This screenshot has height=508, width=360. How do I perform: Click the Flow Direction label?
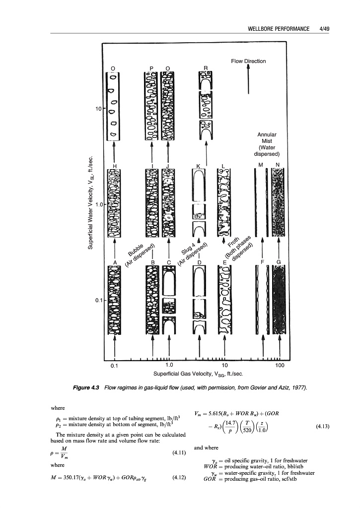[248, 61]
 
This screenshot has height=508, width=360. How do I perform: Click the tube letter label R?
[206, 67]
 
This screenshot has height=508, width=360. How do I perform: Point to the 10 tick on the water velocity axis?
[98, 108]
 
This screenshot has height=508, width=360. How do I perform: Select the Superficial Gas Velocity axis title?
[198, 374]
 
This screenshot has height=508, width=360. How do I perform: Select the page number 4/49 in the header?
[328, 28]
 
